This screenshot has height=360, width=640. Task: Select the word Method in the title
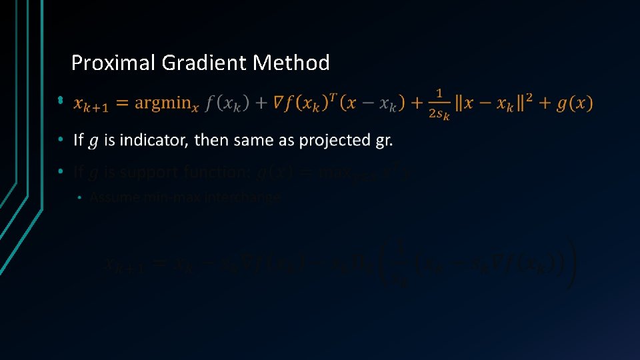point(291,63)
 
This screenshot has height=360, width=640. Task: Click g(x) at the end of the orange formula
point(574,103)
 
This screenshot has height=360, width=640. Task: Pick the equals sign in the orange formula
point(121,103)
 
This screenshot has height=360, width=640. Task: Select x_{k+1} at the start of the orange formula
point(91,104)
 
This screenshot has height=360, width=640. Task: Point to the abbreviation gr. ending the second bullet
point(384,141)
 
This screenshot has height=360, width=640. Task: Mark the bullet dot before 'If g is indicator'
point(60,140)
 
